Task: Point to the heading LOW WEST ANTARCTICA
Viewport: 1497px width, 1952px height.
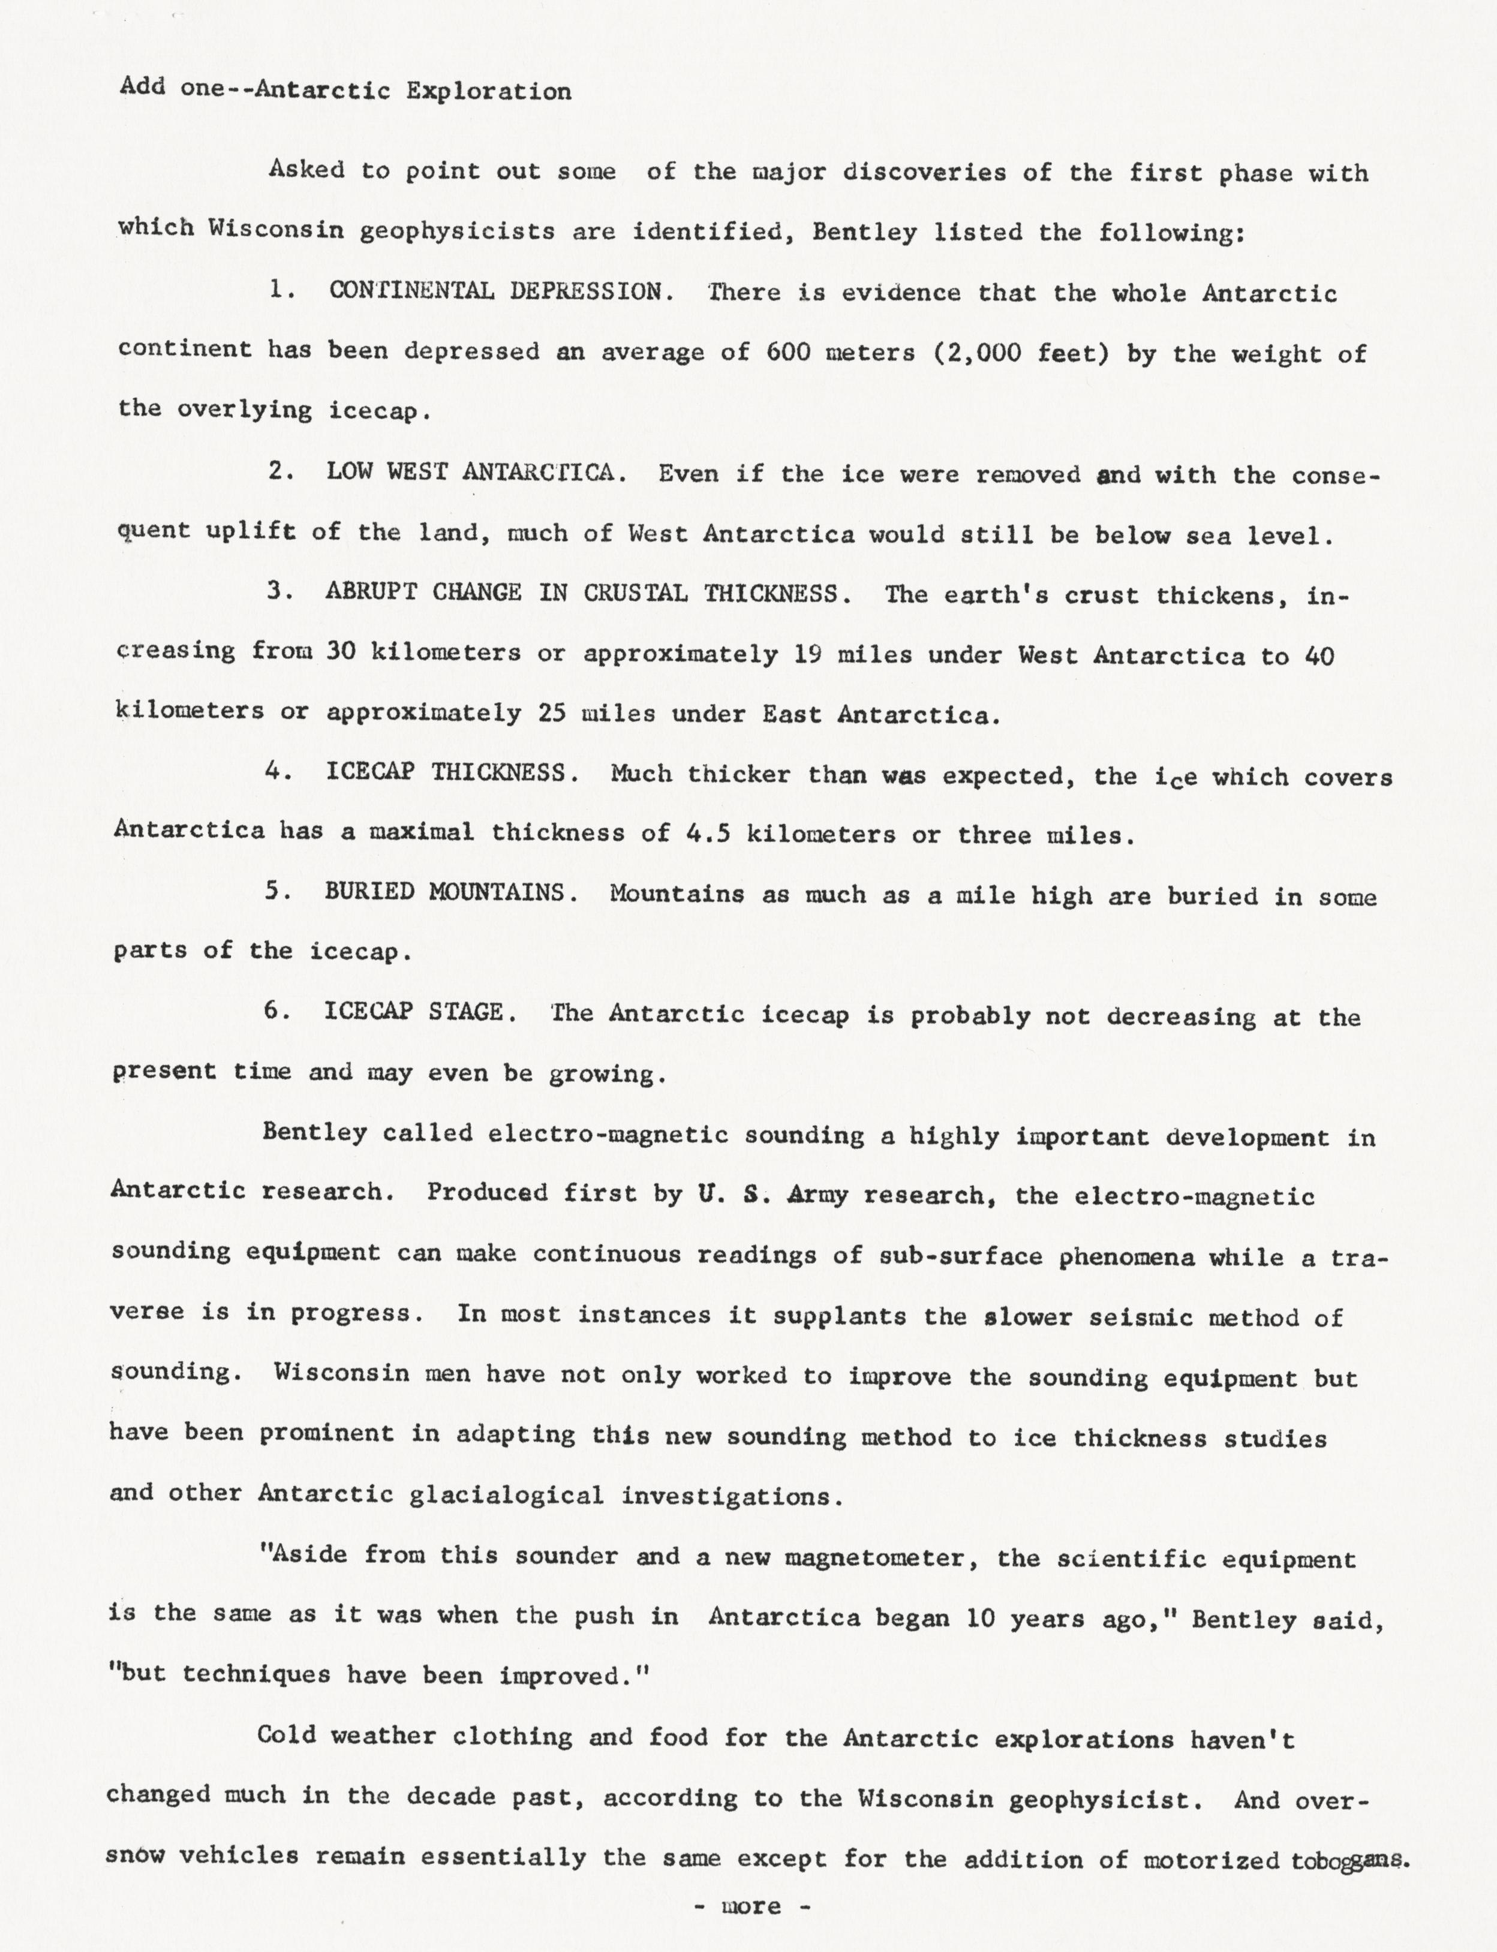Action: [470, 473]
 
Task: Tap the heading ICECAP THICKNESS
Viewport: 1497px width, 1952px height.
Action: [446, 772]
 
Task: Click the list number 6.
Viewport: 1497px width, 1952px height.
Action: [273, 1012]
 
